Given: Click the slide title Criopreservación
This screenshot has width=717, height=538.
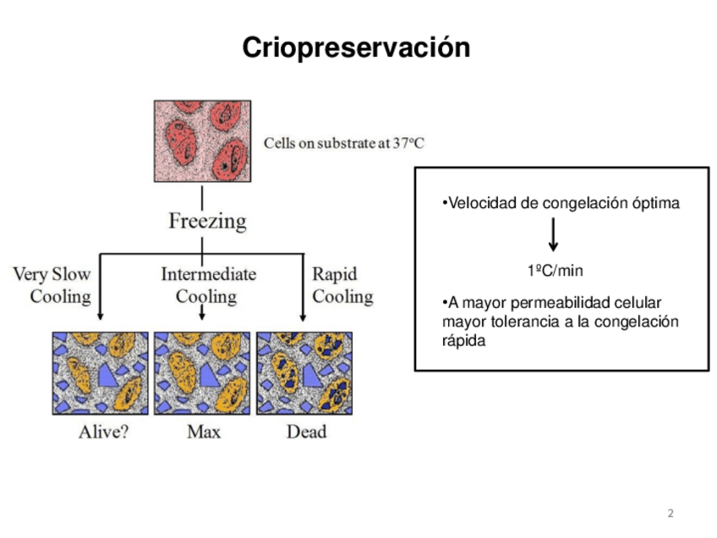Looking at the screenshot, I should click(356, 47).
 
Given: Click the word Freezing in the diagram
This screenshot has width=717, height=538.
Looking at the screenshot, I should click(207, 222).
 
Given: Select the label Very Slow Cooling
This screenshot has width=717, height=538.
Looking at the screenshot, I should click(52, 285).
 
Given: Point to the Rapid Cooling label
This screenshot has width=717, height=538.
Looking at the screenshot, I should click(342, 285).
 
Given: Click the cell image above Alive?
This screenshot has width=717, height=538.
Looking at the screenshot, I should click(100, 372).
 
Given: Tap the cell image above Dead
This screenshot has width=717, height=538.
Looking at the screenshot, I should click(305, 372).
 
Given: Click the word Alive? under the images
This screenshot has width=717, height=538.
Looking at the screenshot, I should click(103, 431).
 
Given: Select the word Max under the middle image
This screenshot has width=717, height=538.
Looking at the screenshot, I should click(204, 431).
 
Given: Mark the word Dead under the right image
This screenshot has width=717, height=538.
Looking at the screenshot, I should click(306, 431).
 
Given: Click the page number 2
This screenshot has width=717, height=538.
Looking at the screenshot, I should click(670, 513).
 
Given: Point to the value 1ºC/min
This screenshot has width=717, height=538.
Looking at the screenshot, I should click(555, 271).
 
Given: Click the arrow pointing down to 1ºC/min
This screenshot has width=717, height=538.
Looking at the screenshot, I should click(554, 235).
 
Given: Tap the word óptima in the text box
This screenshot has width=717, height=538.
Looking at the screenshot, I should click(656, 204).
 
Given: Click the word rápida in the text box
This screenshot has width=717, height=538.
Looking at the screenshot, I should click(464, 340).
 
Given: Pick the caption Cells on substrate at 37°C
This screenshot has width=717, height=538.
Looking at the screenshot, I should click(344, 143).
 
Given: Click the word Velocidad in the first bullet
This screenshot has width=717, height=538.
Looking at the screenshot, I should click(476, 204).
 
